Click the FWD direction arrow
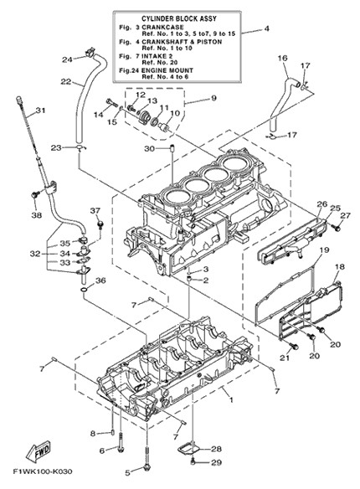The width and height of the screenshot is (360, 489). [x=38, y=451]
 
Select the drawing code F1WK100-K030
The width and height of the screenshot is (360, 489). [x=43, y=471]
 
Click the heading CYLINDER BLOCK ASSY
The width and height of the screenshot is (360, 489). [x=179, y=18]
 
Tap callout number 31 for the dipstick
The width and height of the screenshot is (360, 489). [x=40, y=111]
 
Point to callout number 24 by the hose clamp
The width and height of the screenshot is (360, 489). [x=67, y=59]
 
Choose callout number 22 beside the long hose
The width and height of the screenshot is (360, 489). [x=66, y=82]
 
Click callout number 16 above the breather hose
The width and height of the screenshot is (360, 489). [x=282, y=59]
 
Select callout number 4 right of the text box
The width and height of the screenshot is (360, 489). [x=266, y=28]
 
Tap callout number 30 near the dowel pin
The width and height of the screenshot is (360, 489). [x=149, y=149]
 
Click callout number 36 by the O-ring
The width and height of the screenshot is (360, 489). [x=100, y=281]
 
